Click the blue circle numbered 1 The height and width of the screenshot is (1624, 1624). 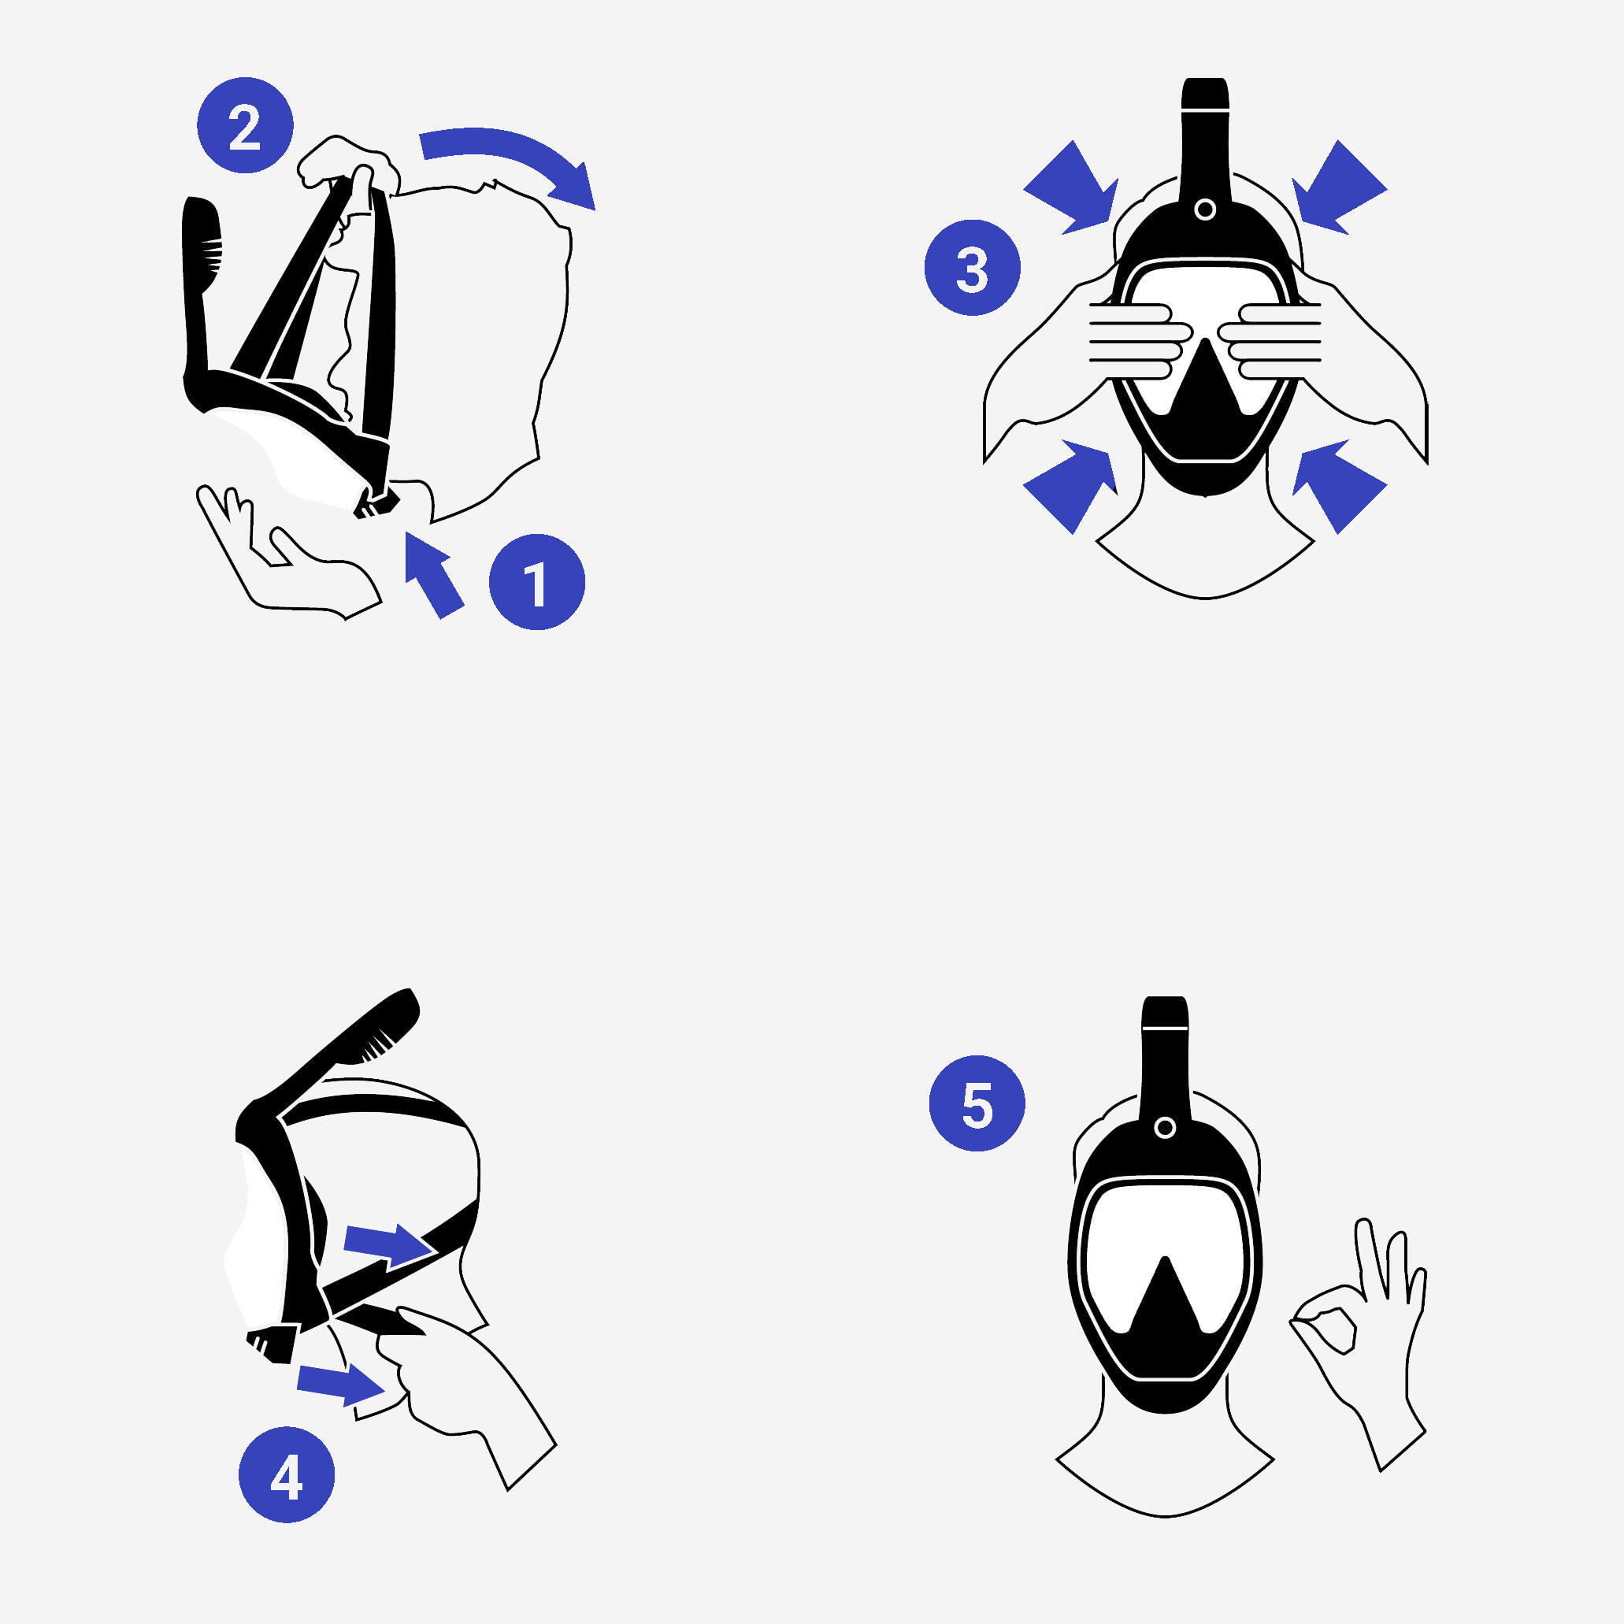point(537,582)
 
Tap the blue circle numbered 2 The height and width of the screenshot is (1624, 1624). point(245,125)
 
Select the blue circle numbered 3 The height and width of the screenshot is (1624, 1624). point(973,267)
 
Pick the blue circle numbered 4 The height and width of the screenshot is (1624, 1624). point(287,1474)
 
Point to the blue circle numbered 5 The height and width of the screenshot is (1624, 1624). point(977,1103)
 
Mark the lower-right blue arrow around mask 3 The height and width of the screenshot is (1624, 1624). point(1339,486)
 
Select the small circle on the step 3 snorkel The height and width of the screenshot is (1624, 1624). point(1204,209)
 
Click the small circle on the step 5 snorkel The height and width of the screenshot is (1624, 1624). point(1165,1128)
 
